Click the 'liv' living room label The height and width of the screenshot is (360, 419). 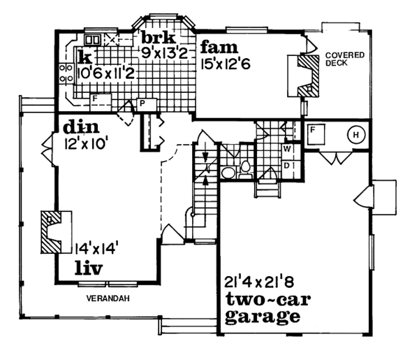89,268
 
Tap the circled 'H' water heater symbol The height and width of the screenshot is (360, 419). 355,134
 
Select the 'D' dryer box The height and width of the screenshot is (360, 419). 286,164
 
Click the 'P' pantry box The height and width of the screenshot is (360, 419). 142,103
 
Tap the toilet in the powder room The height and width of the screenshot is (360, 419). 244,168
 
